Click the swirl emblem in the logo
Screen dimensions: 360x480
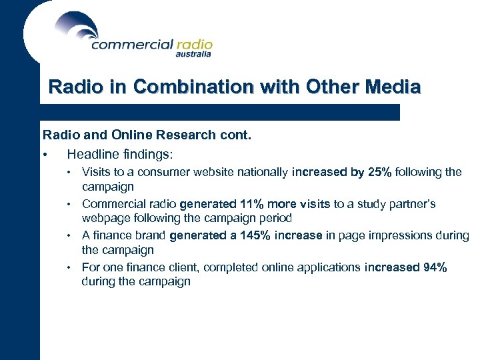pyautogui.click(x=77, y=27)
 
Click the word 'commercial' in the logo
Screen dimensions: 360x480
pyautogui.click(x=131, y=45)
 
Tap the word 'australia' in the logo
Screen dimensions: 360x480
pyautogui.click(x=193, y=55)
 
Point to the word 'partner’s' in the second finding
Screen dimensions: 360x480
pyautogui.click(x=413, y=204)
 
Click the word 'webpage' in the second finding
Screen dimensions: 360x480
pyautogui.click(x=104, y=219)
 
